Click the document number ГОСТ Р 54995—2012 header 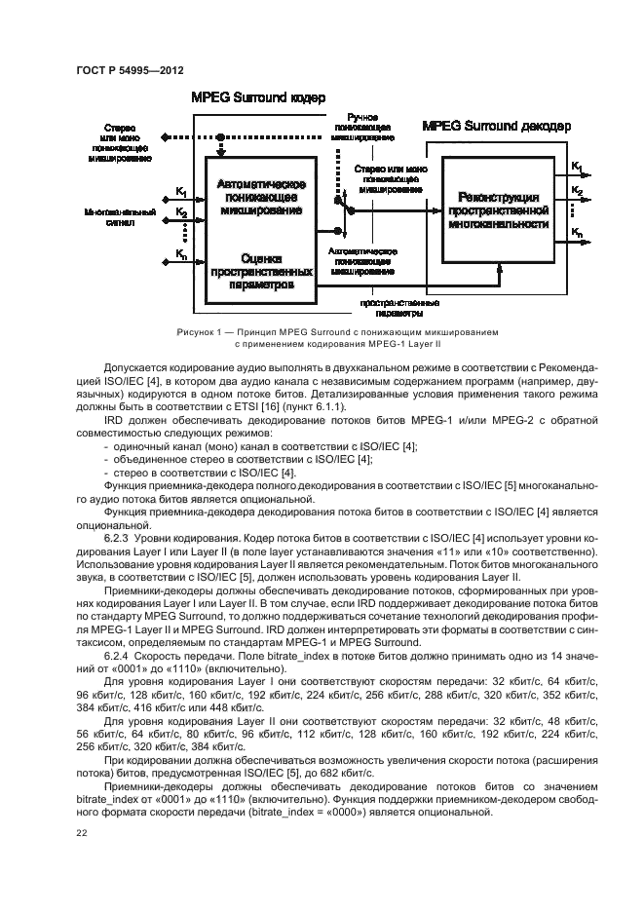[x=131, y=70]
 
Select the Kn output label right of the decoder [x=578, y=233]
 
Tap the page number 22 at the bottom [x=81, y=832]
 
